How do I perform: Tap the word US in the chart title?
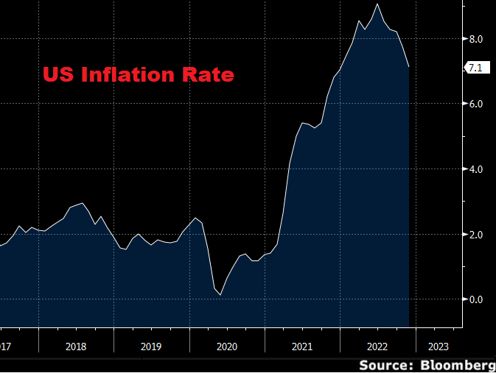coord(55,75)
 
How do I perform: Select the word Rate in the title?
coord(209,75)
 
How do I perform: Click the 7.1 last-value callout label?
coord(475,68)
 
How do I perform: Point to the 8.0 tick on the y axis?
coord(476,39)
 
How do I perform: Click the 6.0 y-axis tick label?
coord(476,104)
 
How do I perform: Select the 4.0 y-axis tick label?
coord(476,169)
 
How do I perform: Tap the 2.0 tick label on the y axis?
coord(476,235)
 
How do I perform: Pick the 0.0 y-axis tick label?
coord(476,299)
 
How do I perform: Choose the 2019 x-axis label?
coord(150,346)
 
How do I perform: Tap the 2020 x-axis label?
coord(226,346)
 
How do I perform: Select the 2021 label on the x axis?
coord(301,346)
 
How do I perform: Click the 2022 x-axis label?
coord(377,346)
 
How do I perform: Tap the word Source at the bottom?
coord(385,364)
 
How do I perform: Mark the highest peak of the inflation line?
coord(378,4)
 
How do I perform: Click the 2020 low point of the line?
coord(220,295)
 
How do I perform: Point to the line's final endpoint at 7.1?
coord(409,68)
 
